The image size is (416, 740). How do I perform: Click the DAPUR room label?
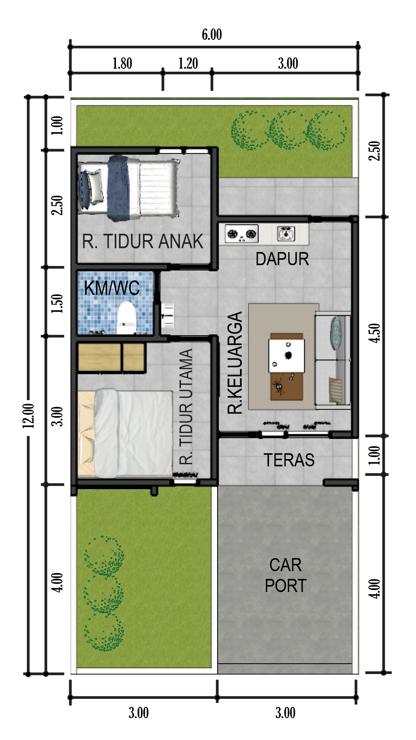coord(282,259)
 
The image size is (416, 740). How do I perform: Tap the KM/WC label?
coord(112,288)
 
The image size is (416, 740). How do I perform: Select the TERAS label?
coord(289,460)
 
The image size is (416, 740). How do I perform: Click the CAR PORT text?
coord(285,575)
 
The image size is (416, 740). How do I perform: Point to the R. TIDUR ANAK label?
coord(143,242)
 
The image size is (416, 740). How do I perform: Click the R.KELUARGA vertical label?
coord(235,363)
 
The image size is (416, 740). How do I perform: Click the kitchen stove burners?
coord(242,234)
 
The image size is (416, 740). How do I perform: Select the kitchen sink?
coord(286,234)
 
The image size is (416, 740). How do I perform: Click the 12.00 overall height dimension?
coord(29,416)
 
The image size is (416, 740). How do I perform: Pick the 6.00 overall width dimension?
coord(212,35)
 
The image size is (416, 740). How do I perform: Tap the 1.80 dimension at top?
coord(122,64)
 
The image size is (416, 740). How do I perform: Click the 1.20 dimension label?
coord(188,64)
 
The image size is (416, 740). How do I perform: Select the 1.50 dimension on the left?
coord(57,303)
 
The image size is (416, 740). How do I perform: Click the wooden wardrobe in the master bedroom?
coord(111,358)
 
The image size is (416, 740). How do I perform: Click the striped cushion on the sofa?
coord(335,390)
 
